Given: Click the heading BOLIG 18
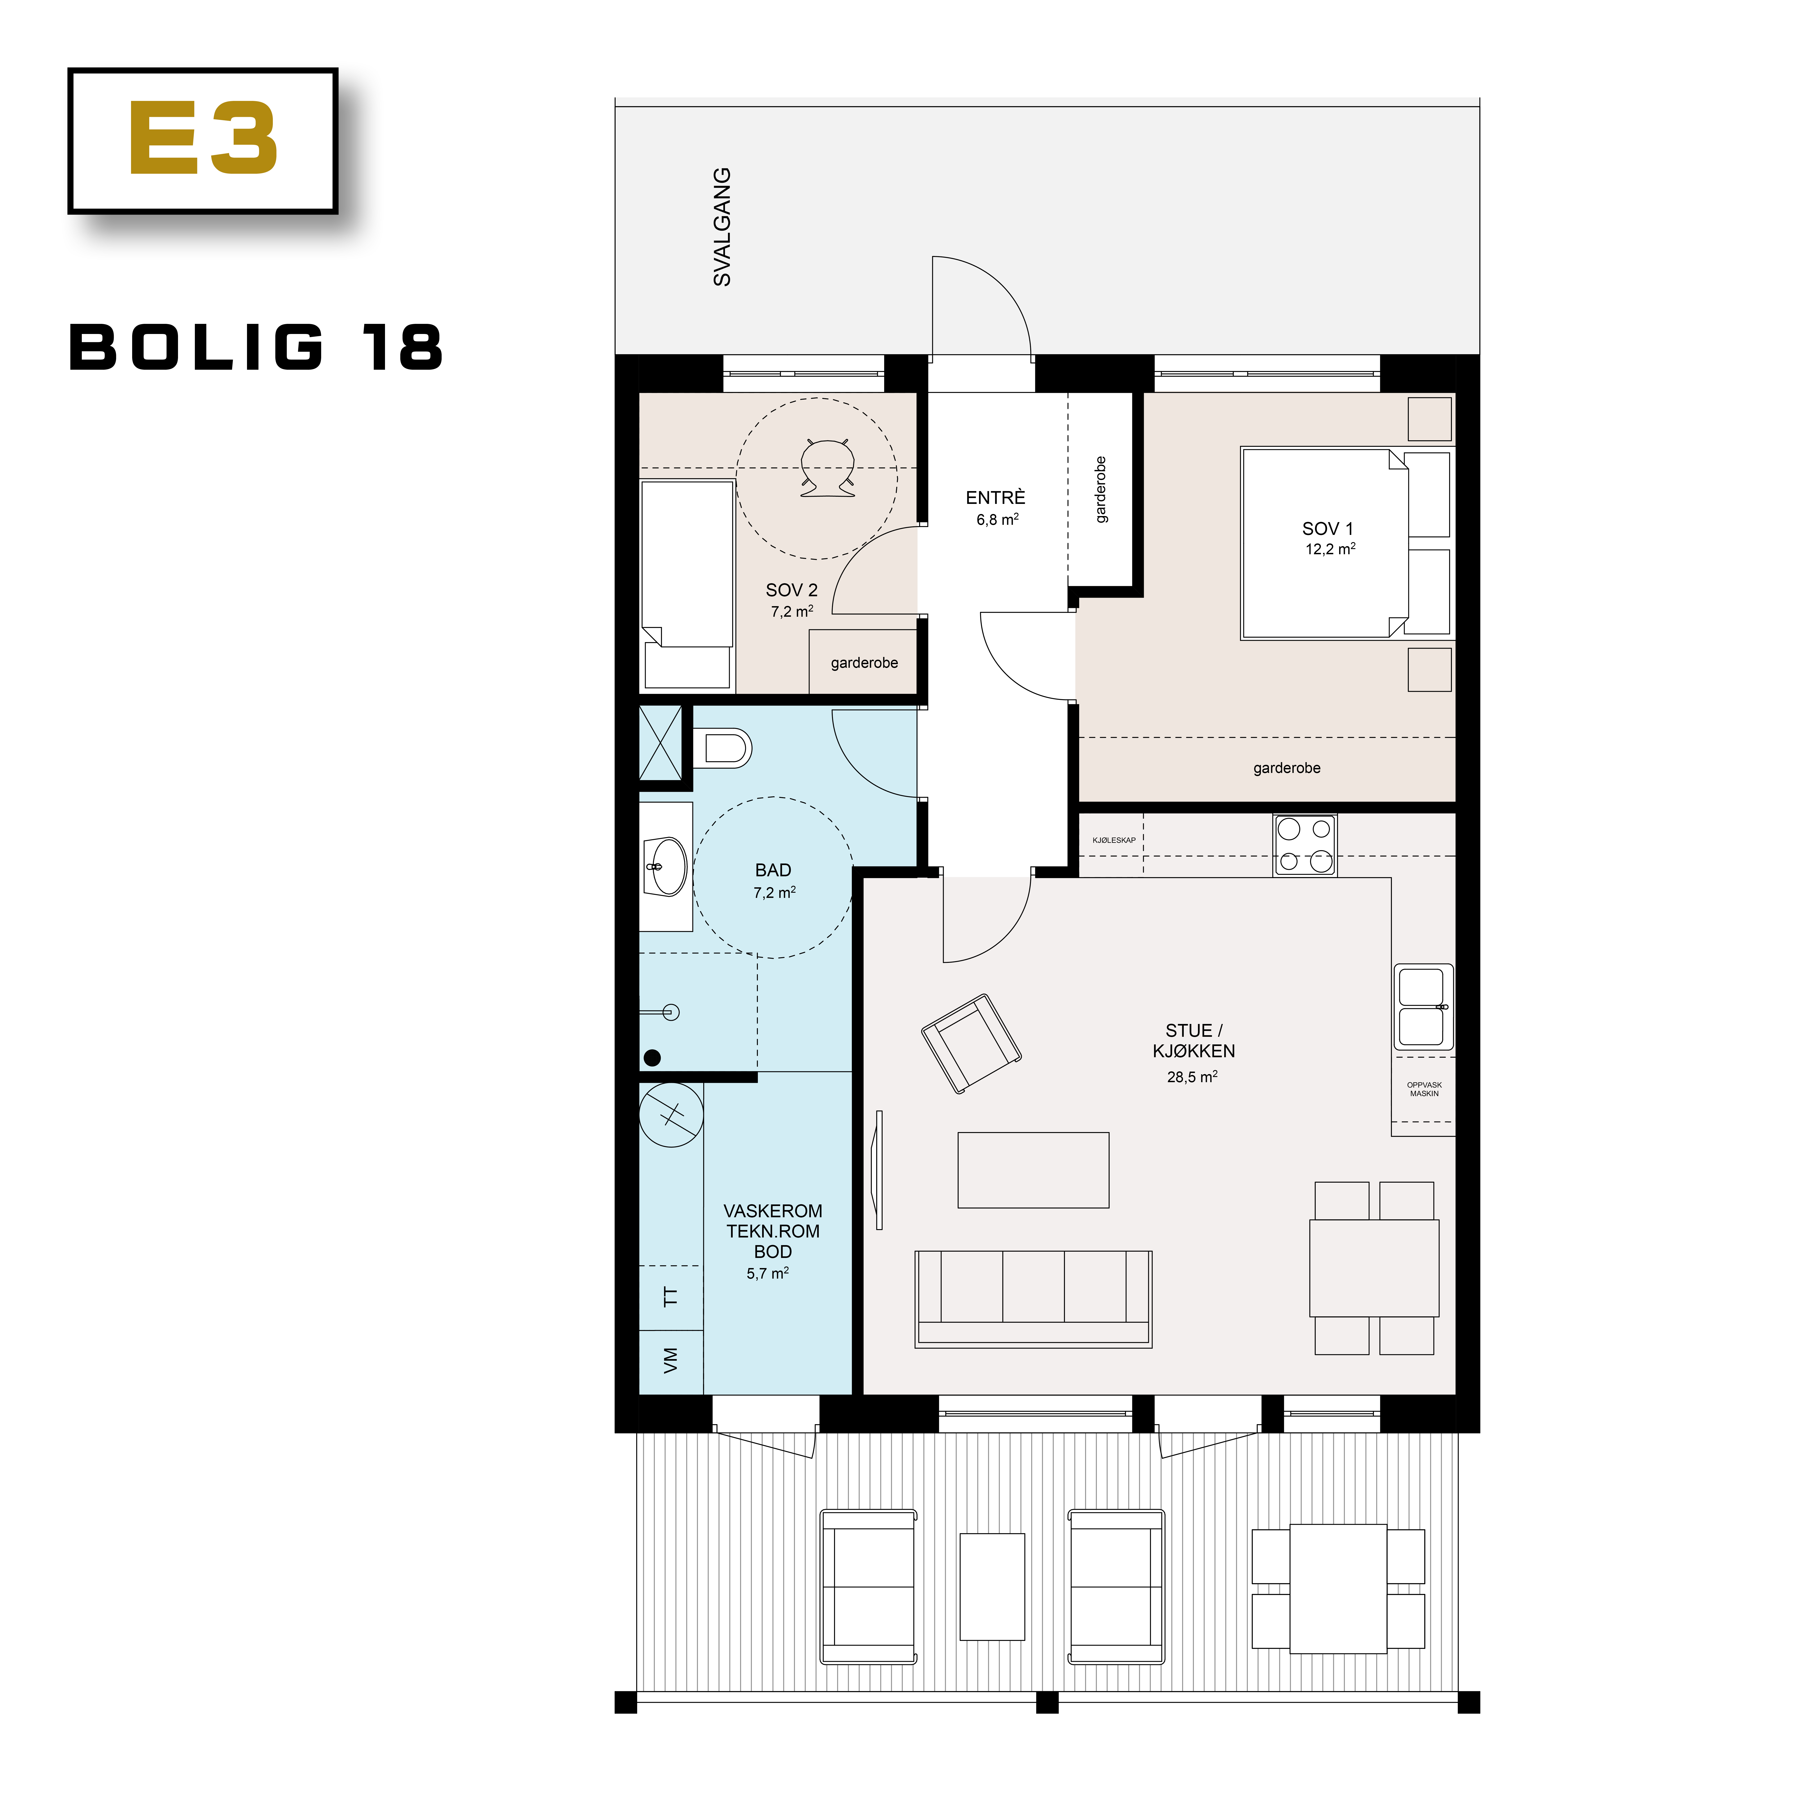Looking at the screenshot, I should pos(256,348).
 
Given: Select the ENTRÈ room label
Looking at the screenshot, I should pos(995,498).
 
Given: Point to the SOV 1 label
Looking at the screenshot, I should pos(1328,529).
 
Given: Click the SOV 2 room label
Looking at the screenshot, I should pos(791,590).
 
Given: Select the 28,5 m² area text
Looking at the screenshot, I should pos(1192,1077).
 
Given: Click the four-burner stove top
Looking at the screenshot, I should pos(1305,845).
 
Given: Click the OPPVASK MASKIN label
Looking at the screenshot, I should pos(1424,1089).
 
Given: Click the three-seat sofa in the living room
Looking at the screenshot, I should pos(1033,1298).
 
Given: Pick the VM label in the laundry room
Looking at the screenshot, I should pos(670,1361).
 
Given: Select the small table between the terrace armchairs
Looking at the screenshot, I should pos(992,1587).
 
